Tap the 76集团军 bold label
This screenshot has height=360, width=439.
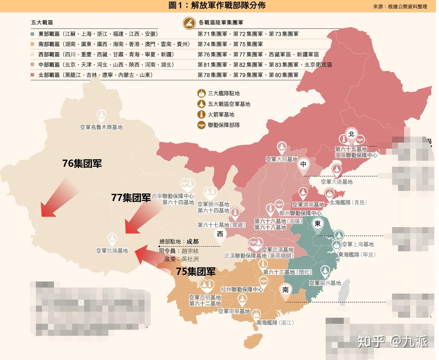tap(82, 163)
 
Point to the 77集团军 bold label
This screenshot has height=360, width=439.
tap(131, 198)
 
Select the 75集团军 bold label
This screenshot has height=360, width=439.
tap(196, 271)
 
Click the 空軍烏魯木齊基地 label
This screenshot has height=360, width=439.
tap(101, 127)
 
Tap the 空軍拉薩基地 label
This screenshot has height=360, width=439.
tap(112, 251)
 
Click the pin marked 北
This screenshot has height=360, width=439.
tap(351, 134)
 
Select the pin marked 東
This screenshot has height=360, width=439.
tap(317, 224)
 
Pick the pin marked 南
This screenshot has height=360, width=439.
tap(285, 290)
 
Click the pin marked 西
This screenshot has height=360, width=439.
tap(220, 234)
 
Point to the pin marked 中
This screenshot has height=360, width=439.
tap(303, 164)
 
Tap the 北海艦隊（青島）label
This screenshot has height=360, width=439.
tap(348, 202)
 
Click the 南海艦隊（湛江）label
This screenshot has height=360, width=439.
tap(275, 322)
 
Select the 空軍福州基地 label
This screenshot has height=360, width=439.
tap(325, 283)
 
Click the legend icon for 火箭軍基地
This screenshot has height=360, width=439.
tap(201, 114)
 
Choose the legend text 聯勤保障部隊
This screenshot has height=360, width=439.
tap(224, 125)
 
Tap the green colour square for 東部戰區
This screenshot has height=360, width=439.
tap(33, 34)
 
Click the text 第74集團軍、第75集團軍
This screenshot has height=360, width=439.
tap(230, 44)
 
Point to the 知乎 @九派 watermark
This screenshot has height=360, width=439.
tap(392, 341)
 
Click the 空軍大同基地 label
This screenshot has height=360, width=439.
tap(281, 159)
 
